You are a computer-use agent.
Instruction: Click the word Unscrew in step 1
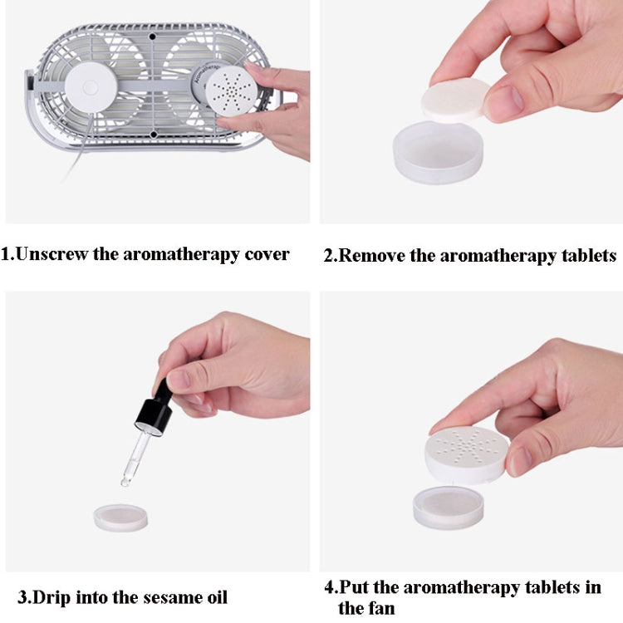click(x=52, y=254)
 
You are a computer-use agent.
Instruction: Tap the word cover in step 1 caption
click(x=266, y=254)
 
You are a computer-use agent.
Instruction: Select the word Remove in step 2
click(x=373, y=255)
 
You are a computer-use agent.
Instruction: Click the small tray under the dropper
click(x=120, y=517)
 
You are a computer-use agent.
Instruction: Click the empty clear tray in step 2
click(x=436, y=155)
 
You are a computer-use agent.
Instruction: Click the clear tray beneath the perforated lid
click(x=448, y=508)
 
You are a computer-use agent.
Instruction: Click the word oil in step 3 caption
click(x=213, y=596)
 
